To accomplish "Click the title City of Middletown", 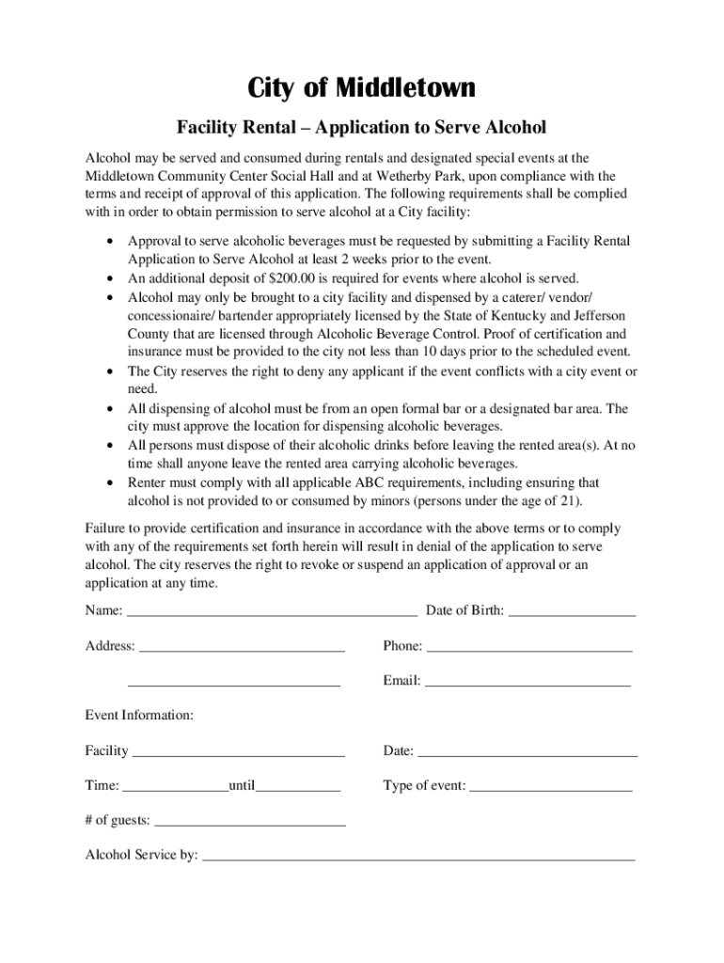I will point(362,88).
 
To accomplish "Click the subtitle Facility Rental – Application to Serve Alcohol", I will point(362,127).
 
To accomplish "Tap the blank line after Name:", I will point(272,612).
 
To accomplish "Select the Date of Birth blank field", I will point(572,612).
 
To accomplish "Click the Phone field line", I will point(529,648).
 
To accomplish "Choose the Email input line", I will point(527,683).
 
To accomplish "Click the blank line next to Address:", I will point(242,648).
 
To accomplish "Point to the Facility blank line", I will point(238,752).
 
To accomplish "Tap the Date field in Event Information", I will point(527,752).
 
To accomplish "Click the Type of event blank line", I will point(551,787).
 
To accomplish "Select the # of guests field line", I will point(249,822).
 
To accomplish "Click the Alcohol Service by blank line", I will point(418,858).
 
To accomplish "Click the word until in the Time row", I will point(242,785).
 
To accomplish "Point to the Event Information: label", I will point(139,716).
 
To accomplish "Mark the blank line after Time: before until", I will point(175,787).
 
